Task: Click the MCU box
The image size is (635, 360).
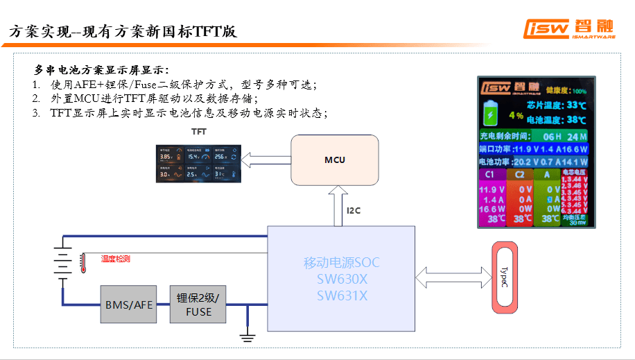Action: click(x=335, y=160)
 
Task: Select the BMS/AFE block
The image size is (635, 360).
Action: click(x=128, y=304)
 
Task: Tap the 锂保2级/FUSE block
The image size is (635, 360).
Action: click(x=198, y=304)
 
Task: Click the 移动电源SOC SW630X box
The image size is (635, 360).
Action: click(x=341, y=278)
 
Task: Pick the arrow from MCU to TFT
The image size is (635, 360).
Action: click(x=266, y=161)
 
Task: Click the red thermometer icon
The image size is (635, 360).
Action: click(x=82, y=262)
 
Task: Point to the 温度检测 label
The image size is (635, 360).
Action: click(x=115, y=259)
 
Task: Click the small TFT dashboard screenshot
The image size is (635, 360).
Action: click(x=198, y=164)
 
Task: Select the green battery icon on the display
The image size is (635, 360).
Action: click(x=492, y=112)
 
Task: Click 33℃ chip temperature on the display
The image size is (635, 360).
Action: click(x=576, y=105)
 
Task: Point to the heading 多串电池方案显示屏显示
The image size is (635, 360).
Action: click(x=102, y=70)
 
